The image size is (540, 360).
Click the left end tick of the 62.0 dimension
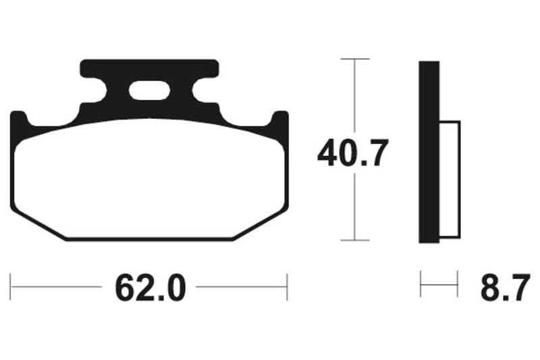coord(11,286)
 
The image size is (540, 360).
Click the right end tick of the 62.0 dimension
coord(288,286)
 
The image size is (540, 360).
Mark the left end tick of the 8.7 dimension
coord(421,284)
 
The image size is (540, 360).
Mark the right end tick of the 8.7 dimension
coord(458,284)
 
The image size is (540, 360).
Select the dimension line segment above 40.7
coord(354,98)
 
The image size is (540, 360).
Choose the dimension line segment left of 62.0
coord(57,286)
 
